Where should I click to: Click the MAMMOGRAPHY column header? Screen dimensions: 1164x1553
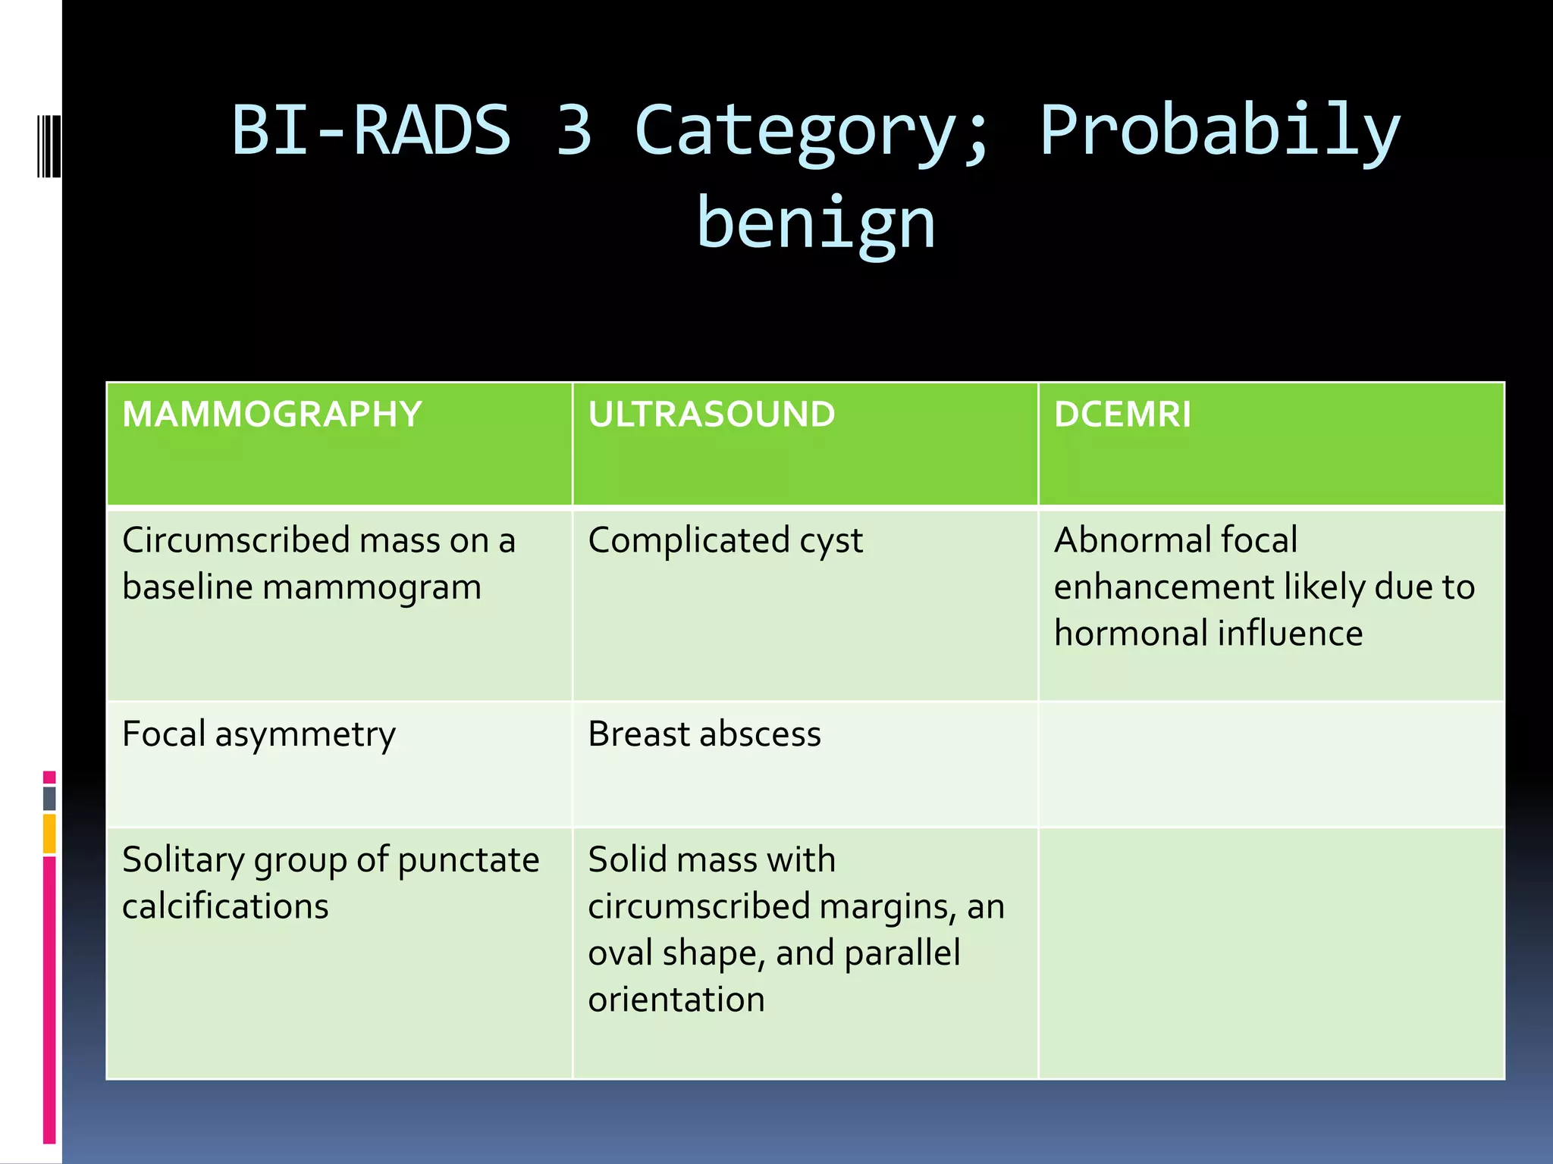coord(271,415)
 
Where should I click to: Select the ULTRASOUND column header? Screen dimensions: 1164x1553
coord(711,415)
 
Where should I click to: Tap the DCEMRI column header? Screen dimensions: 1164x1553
coord(1122,415)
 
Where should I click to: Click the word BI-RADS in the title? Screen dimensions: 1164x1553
coord(372,130)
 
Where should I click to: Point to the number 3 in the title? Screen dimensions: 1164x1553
coord(574,130)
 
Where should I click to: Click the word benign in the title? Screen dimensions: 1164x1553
coord(816,224)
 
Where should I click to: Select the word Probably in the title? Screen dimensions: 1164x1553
coord(1219,130)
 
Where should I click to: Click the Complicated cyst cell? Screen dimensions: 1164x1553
coord(725,541)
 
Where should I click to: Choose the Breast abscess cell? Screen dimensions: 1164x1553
coord(704,734)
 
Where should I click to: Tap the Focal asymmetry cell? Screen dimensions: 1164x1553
coord(259,734)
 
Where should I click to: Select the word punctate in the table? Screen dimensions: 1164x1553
coord(468,860)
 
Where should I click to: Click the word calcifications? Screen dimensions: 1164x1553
coord(225,907)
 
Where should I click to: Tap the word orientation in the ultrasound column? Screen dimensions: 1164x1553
coord(676,1000)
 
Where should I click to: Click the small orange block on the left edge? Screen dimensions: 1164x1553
coord(49,834)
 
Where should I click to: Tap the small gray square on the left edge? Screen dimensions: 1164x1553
coord(49,798)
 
